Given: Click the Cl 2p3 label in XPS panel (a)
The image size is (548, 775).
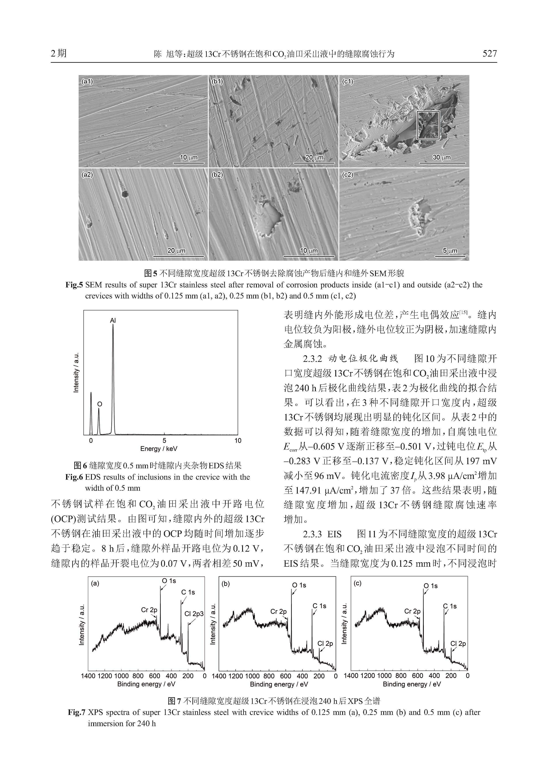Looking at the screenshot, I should point(194,614).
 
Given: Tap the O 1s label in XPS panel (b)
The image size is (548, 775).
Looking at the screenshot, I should point(299,585).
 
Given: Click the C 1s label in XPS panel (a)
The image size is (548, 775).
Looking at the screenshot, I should point(188,592).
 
